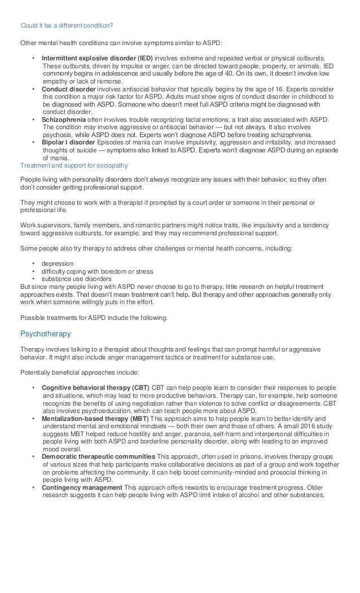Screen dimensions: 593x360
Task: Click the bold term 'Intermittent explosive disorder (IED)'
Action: (97, 58)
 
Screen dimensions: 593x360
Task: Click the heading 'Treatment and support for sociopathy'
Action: (74, 165)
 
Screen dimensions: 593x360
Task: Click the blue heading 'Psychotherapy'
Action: (45, 333)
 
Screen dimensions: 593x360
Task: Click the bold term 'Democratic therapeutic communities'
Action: (98, 456)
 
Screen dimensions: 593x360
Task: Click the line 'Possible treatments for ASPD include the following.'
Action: (94, 318)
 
